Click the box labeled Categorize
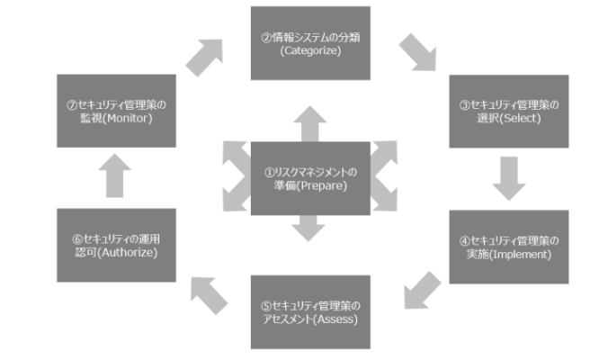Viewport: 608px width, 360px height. click(x=309, y=42)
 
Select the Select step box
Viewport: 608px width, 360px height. click(x=508, y=111)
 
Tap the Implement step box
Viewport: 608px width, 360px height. click(x=508, y=247)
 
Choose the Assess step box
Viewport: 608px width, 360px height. click(x=309, y=312)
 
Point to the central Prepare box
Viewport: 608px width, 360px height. click(x=309, y=178)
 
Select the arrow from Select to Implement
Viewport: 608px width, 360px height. click(x=508, y=178)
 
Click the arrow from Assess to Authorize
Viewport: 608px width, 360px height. click(x=208, y=294)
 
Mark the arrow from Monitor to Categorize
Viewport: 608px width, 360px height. click(x=204, y=57)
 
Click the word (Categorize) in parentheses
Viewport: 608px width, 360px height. click(x=309, y=51)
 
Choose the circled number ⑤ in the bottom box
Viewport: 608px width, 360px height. click(x=266, y=304)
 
